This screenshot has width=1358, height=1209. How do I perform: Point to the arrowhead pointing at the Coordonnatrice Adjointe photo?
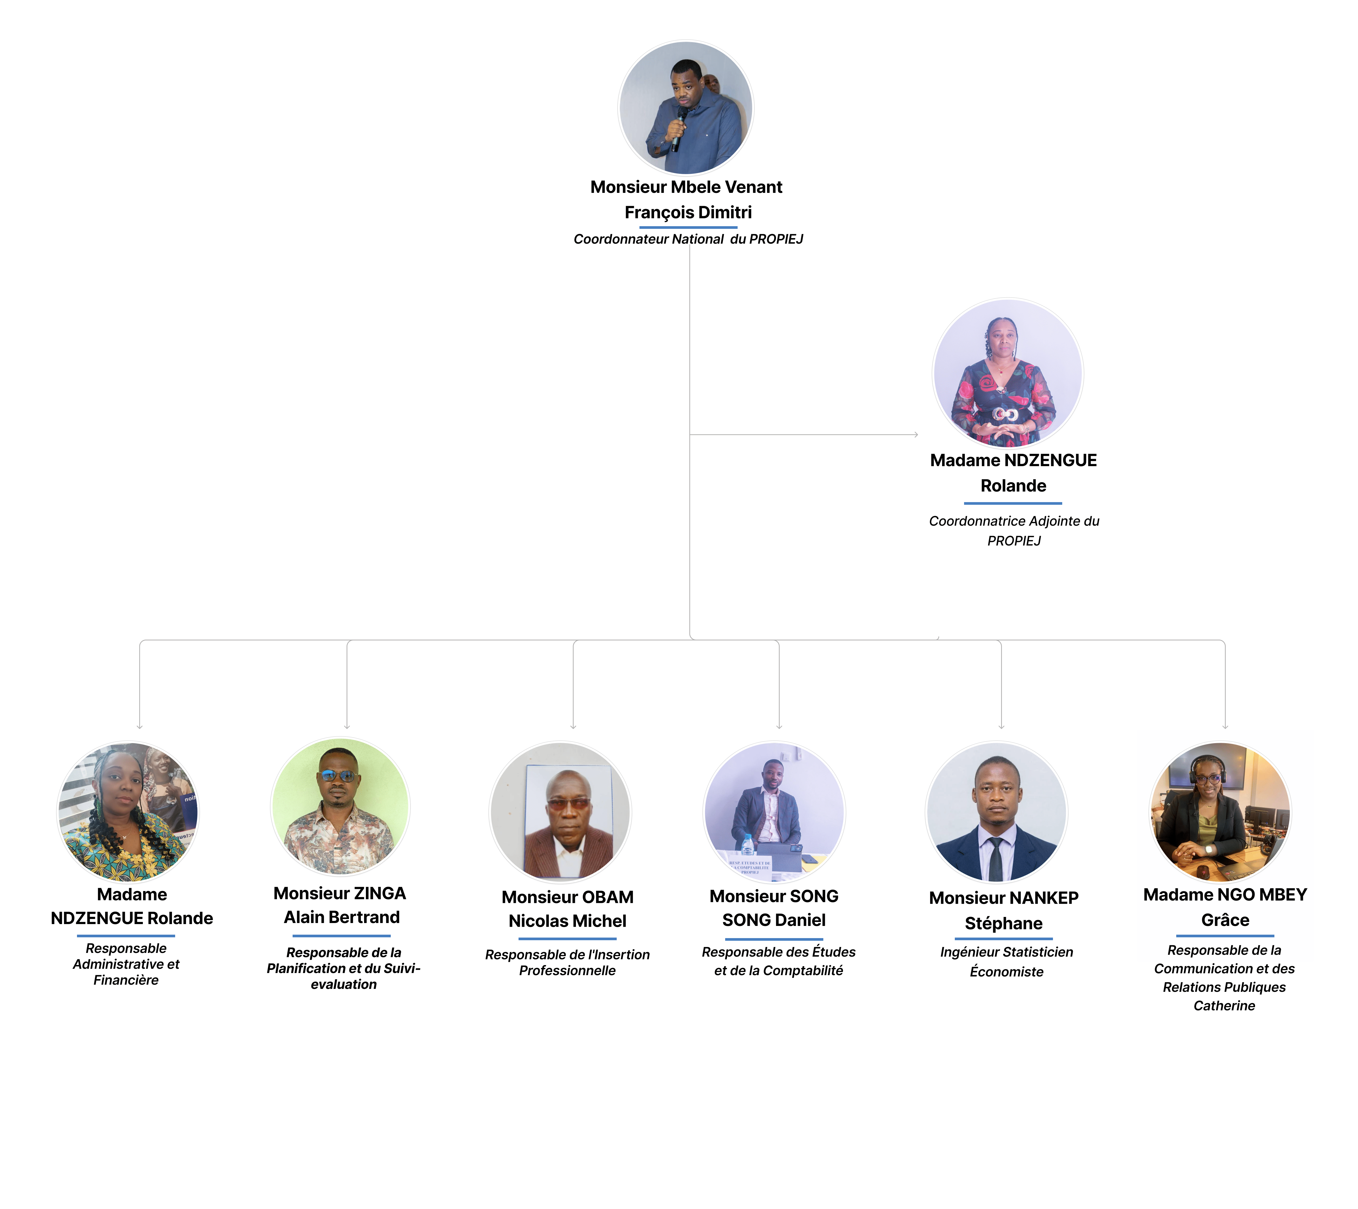coord(916,434)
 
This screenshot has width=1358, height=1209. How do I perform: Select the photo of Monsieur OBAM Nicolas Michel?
coord(560,812)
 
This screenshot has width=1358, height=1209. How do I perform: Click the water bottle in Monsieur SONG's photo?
coord(747,845)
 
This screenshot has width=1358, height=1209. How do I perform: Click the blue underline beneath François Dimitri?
coord(688,227)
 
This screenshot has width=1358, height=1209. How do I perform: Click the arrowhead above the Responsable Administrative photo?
coord(139,727)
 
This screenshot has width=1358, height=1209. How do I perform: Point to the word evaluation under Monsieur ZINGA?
coord(343,984)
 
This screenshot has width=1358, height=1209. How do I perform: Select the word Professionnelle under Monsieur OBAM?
coord(567,971)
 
